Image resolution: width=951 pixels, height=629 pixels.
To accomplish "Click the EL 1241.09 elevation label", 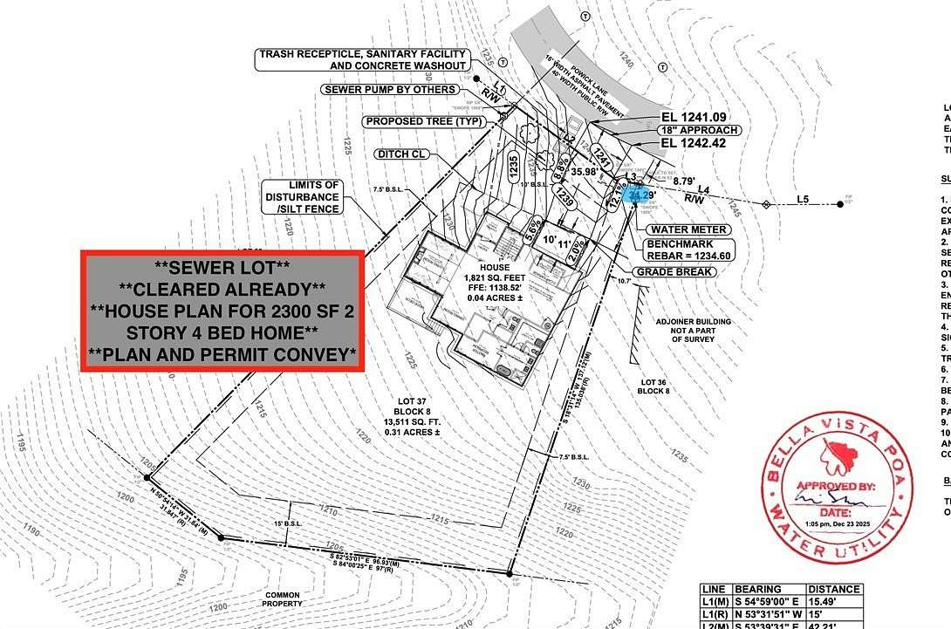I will pyautogui.click(x=694, y=117).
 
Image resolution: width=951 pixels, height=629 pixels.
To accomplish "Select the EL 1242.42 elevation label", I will pyautogui.click(x=694, y=143).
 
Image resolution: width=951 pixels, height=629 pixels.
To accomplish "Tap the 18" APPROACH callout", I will pyautogui.click(x=699, y=130).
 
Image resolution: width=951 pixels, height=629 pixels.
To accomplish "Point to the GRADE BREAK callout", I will pyautogui.click(x=675, y=271).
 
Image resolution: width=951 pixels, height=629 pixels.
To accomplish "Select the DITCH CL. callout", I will pyautogui.click(x=401, y=154).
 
